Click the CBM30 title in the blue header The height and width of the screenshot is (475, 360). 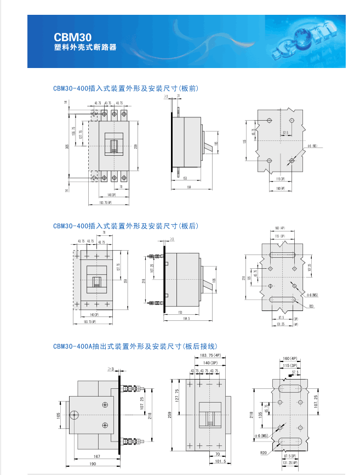(68, 37)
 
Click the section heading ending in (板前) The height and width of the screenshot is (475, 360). (125, 88)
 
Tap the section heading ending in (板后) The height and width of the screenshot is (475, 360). (125, 226)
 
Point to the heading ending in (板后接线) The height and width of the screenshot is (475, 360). (135, 346)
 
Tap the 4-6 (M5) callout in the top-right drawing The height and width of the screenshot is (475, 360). (311, 146)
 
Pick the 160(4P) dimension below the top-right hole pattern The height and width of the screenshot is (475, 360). (280, 189)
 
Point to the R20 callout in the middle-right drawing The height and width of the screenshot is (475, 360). (311, 306)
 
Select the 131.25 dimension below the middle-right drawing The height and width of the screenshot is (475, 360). (283, 324)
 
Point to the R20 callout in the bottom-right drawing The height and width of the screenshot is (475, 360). (265, 453)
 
